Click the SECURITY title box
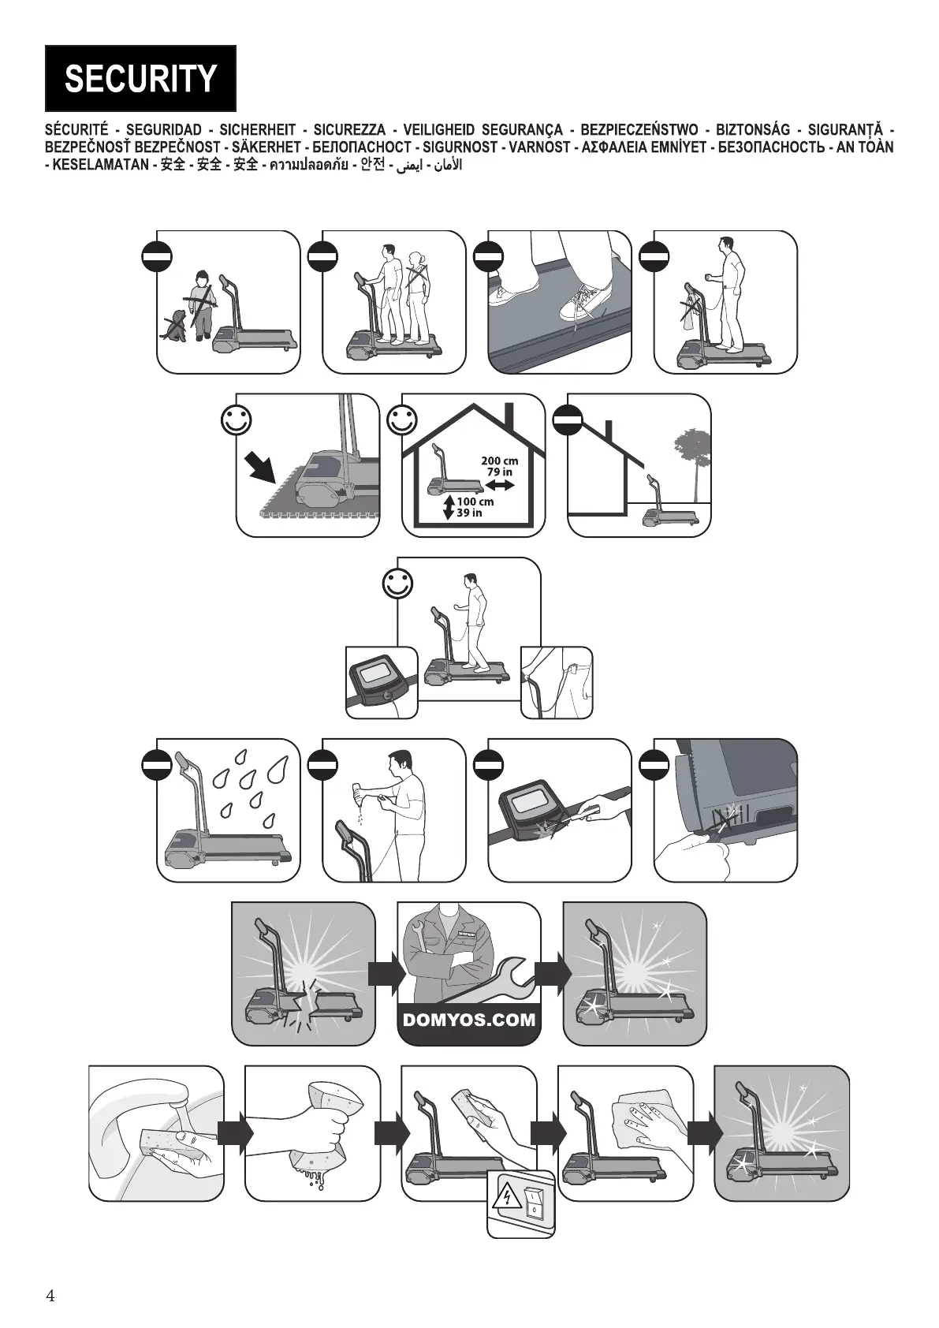140,78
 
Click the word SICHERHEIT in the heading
257,130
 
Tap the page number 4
50,1296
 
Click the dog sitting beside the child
175,325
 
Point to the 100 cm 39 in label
474,507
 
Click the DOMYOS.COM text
469,1020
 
